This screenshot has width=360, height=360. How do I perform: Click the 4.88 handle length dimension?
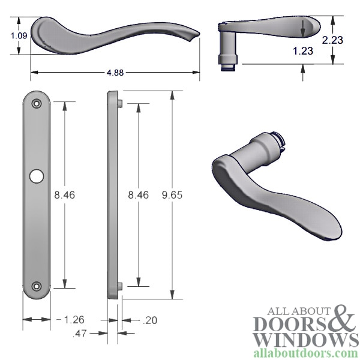(x=115, y=73)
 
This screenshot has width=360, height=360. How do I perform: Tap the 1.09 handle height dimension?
(x=19, y=35)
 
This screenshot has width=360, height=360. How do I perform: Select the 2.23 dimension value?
(x=332, y=40)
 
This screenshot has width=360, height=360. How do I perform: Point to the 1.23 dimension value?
(x=303, y=51)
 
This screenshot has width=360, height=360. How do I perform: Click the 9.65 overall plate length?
(x=172, y=195)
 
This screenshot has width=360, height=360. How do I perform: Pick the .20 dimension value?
(x=150, y=320)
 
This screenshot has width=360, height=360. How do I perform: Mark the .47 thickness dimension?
(x=80, y=334)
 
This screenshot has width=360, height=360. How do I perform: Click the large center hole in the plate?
(x=37, y=176)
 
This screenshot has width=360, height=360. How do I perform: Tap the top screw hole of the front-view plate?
(x=37, y=104)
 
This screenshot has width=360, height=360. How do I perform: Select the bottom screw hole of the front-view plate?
(x=37, y=286)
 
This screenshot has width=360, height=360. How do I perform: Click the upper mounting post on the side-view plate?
(x=120, y=104)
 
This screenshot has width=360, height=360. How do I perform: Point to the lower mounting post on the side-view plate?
(x=120, y=287)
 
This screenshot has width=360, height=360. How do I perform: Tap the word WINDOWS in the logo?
(x=306, y=340)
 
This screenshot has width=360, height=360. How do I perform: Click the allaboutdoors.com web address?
(x=306, y=353)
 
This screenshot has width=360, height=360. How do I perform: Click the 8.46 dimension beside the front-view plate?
(x=65, y=195)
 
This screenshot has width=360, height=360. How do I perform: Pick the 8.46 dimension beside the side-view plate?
(x=138, y=195)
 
